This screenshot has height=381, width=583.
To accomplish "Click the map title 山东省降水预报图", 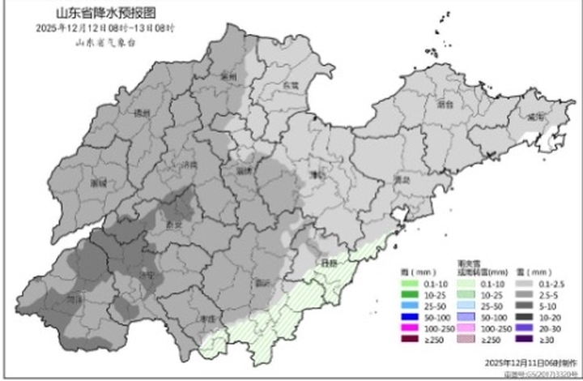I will (x=104, y=14).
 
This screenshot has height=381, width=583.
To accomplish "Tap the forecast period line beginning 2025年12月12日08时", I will (x=104, y=28).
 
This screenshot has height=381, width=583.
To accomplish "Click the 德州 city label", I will (x=143, y=113).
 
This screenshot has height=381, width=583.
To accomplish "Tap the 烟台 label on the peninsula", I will (x=444, y=104).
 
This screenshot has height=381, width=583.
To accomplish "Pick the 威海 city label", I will (x=534, y=117).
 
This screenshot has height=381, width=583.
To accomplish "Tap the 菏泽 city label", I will (x=74, y=298).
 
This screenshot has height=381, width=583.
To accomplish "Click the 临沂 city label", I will (x=263, y=283).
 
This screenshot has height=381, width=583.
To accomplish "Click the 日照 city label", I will (x=328, y=264).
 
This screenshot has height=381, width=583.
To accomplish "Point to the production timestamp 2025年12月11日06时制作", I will (x=529, y=360).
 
